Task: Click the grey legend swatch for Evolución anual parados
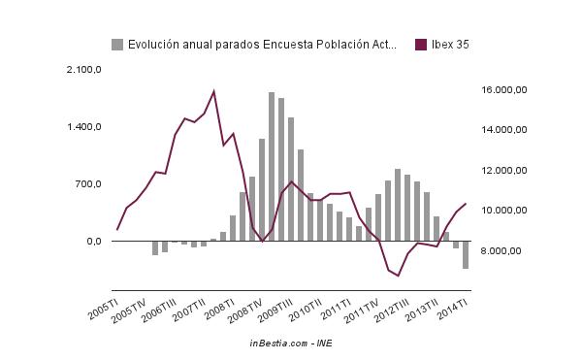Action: [x=117, y=44]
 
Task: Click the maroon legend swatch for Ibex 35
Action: [x=420, y=44]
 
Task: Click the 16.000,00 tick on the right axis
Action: [x=503, y=89]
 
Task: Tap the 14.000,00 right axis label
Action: [x=503, y=130]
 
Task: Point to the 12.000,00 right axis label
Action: [x=503, y=171]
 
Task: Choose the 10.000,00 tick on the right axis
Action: [x=503, y=211]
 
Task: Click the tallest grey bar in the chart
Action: [x=272, y=166]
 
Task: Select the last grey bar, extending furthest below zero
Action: [x=466, y=254]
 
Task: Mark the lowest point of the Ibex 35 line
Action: [x=398, y=276]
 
